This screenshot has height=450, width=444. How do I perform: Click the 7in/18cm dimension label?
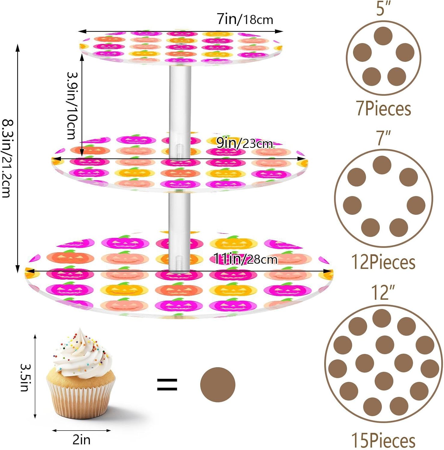point(245,19)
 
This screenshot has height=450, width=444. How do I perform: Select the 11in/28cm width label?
point(245,259)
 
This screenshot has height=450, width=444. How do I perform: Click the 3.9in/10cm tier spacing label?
point(72,106)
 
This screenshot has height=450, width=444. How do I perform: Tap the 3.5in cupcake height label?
point(25,377)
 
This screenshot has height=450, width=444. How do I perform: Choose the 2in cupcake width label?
point(81,440)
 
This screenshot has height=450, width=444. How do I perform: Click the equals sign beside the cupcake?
point(167,384)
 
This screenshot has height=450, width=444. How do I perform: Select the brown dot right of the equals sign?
point(218,384)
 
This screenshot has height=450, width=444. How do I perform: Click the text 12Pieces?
point(383,262)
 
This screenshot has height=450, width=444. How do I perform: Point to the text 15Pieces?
point(383,440)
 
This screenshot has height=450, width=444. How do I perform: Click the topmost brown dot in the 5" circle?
point(383,36)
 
